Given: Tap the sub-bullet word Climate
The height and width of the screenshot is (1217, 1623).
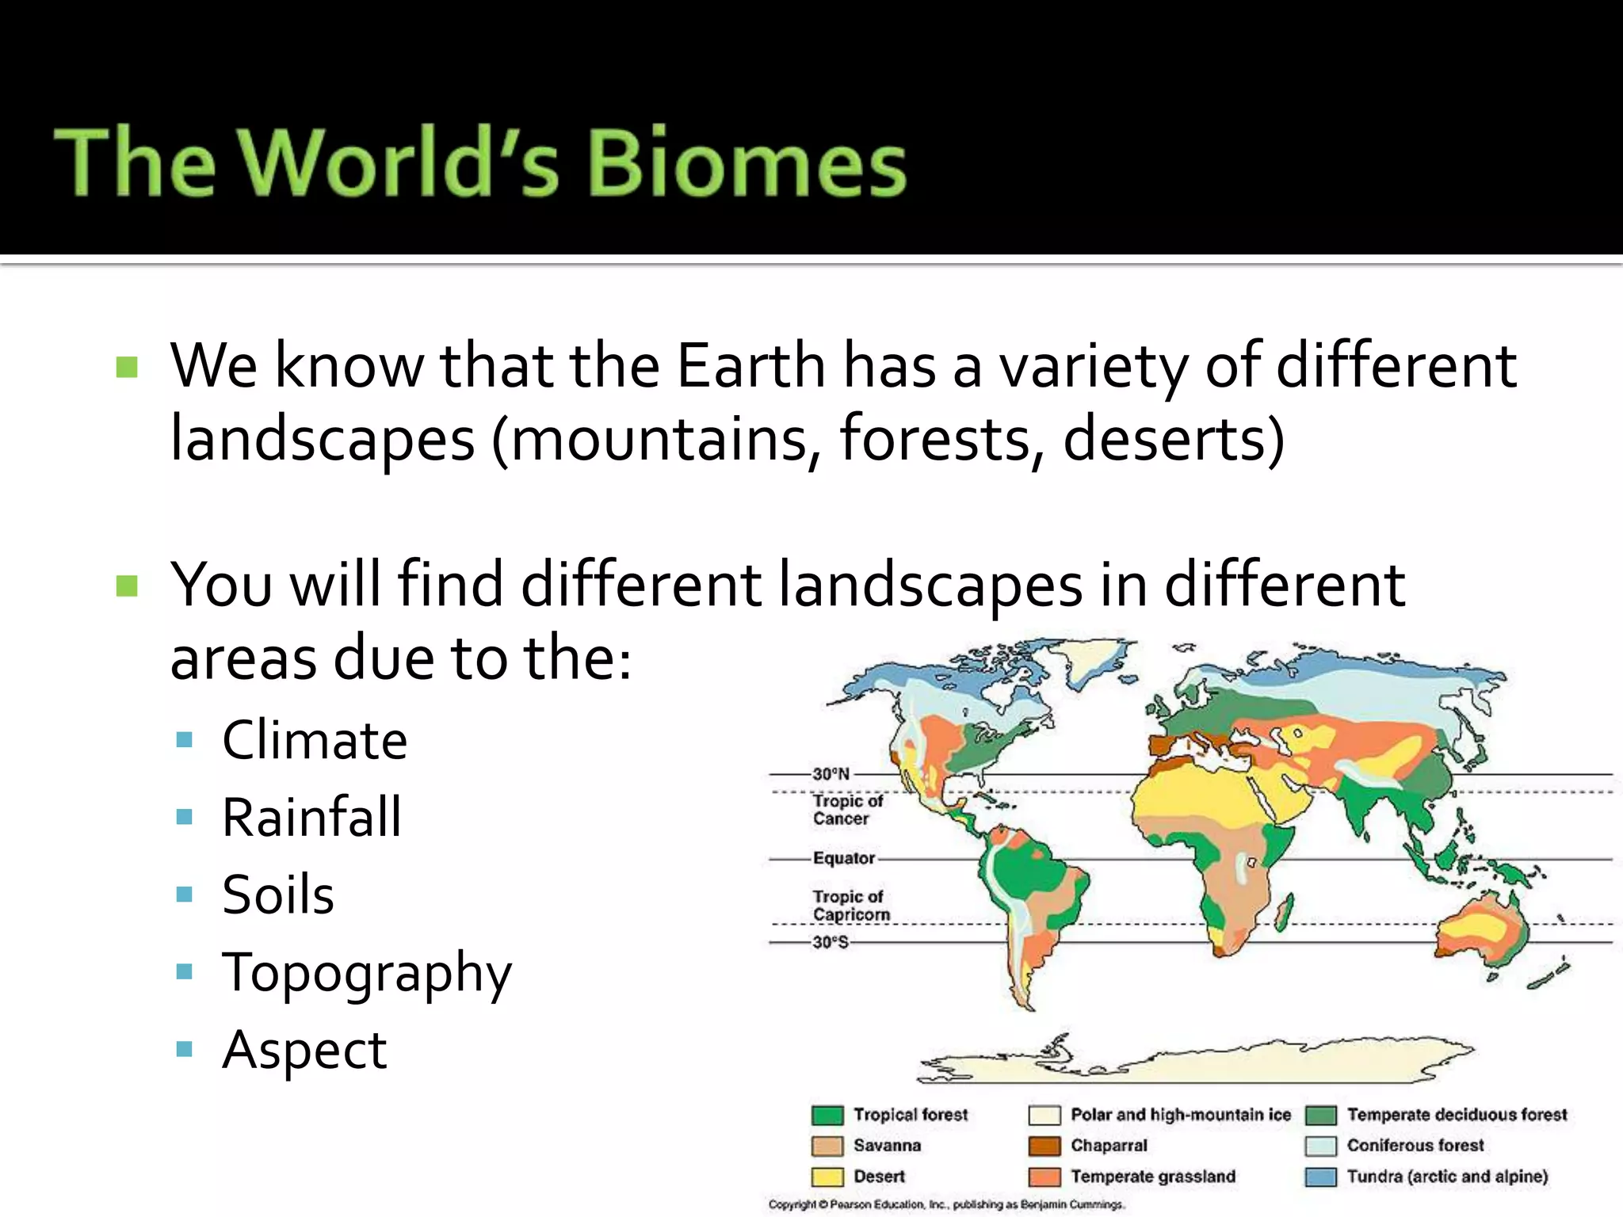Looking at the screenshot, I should (x=315, y=740).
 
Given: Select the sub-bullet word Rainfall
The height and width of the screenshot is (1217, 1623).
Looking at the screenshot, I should (x=311, y=817).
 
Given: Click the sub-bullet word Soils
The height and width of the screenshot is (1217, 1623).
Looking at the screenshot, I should (x=278, y=895).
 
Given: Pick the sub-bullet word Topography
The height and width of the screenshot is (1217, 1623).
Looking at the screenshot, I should (x=367, y=973).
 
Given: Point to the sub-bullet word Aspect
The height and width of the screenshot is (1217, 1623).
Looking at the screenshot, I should (x=304, y=1050).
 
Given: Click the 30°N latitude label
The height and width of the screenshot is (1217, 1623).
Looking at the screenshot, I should (x=831, y=773).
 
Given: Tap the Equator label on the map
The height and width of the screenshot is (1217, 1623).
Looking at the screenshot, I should (x=843, y=858).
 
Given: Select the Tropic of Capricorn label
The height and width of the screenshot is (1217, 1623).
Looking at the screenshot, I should (x=850, y=906).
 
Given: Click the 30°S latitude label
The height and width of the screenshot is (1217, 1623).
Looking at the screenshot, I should (x=830, y=942).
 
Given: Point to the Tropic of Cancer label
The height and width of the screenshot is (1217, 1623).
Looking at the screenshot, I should (x=847, y=810).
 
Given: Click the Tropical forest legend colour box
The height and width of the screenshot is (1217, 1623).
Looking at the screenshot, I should (x=827, y=1116).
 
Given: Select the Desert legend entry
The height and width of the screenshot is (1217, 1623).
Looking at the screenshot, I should (x=878, y=1177).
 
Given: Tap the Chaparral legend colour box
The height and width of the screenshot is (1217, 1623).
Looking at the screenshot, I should (x=1044, y=1146).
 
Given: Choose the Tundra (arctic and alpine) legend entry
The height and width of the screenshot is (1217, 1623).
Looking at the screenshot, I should (x=1446, y=1177).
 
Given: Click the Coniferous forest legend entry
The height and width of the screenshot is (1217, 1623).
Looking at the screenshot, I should (x=1415, y=1146).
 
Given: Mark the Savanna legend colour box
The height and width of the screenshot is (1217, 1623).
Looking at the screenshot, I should (x=827, y=1146).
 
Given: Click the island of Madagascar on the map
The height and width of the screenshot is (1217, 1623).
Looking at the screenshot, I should (x=1285, y=911).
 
